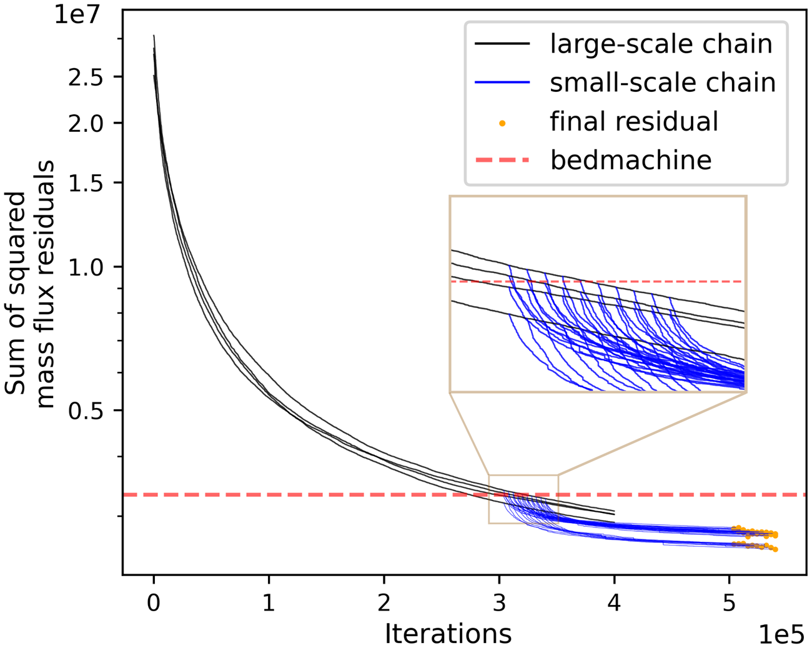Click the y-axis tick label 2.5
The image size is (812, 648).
coord(86,77)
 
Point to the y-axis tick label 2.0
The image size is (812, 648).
coord(86,123)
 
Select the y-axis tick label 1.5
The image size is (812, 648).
coord(86,182)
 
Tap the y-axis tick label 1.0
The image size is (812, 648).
coord(86,267)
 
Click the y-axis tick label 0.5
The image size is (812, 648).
coord(86,411)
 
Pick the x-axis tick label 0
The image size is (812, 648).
coord(154,602)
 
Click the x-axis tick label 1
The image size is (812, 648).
coord(269,602)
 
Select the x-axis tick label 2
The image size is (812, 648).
coord(384,602)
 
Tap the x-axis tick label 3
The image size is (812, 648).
coord(499,602)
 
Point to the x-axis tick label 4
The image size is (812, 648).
coord(614,602)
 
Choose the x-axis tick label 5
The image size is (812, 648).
coord(730,602)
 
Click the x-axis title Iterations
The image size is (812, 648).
coord(448,633)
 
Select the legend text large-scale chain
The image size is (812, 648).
coord(661,44)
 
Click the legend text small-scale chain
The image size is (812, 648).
coord(663,82)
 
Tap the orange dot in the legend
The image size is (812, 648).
coord(502,123)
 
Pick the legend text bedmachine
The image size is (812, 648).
coord(631,160)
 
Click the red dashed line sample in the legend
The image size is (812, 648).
coord(502,160)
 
